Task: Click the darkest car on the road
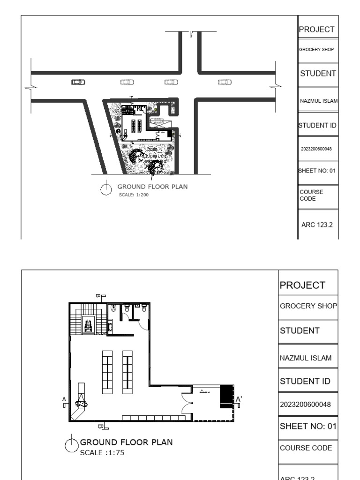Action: (x=78, y=82)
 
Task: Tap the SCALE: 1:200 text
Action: (x=134, y=195)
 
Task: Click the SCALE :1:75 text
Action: (x=102, y=453)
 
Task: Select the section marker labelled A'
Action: (x=239, y=399)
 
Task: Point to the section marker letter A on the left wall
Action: (x=64, y=399)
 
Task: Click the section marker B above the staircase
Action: (x=98, y=296)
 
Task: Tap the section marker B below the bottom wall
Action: (x=100, y=427)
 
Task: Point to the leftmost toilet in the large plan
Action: (x=114, y=309)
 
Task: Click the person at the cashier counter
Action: (x=82, y=402)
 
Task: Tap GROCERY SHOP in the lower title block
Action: (x=308, y=306)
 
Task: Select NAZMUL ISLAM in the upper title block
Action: (x=318, y=101)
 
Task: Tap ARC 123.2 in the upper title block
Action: (x=317, y=225)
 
